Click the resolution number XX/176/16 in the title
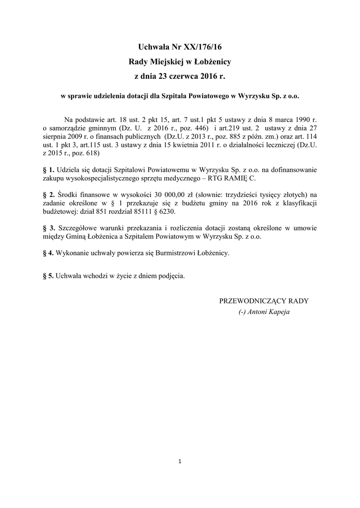203,47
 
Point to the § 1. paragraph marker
49,170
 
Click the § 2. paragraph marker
49,194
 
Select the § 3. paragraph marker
49,228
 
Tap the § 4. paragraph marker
49,253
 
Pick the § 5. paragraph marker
49,276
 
